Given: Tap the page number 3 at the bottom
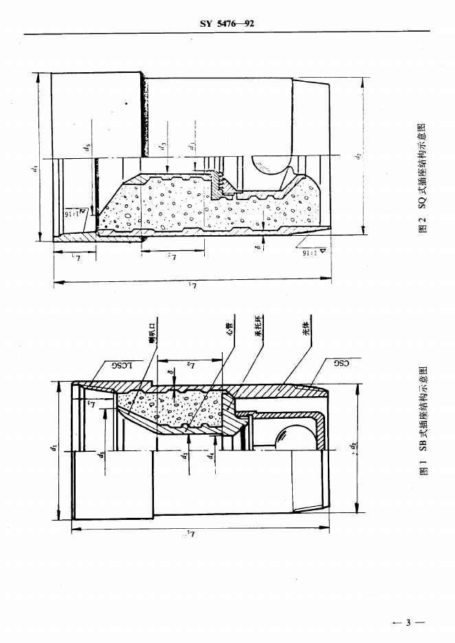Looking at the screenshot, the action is coord(408,623).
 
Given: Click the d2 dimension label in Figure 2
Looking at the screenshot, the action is coord(358,156).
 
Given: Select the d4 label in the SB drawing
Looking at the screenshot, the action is coord(212,455).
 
